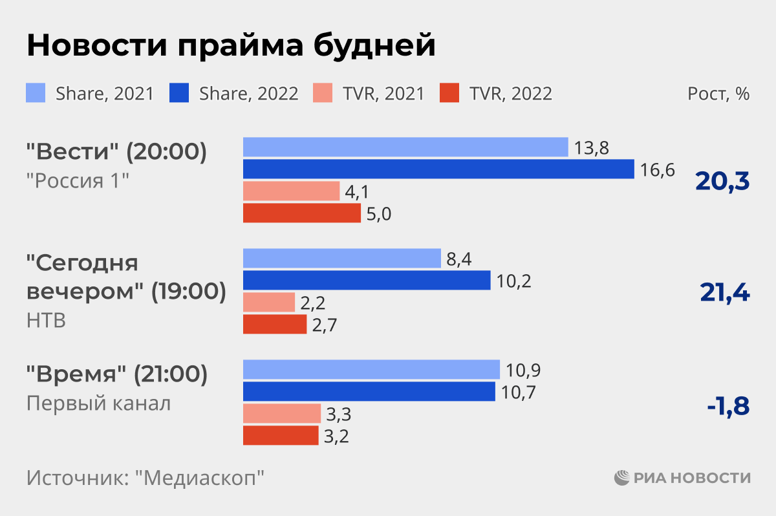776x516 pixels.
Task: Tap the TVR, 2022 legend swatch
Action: (450, 94)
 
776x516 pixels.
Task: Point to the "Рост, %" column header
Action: (718, 94)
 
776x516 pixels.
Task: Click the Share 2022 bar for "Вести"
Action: (438, 169)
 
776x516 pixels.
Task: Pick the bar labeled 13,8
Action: (405, 147)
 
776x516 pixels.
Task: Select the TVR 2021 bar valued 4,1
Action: (291, 191)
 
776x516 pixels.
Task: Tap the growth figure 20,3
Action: (722, 182)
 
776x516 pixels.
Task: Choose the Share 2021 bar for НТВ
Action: (341, 259)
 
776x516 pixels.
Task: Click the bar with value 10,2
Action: (367, 281)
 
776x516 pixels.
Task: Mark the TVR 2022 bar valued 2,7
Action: (275, 325)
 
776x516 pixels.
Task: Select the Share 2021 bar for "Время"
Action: (371, 370)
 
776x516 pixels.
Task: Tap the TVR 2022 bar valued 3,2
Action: (281, 435)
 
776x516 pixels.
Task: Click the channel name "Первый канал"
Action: (99, 404)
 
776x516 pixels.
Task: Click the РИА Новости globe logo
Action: (622, 478)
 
